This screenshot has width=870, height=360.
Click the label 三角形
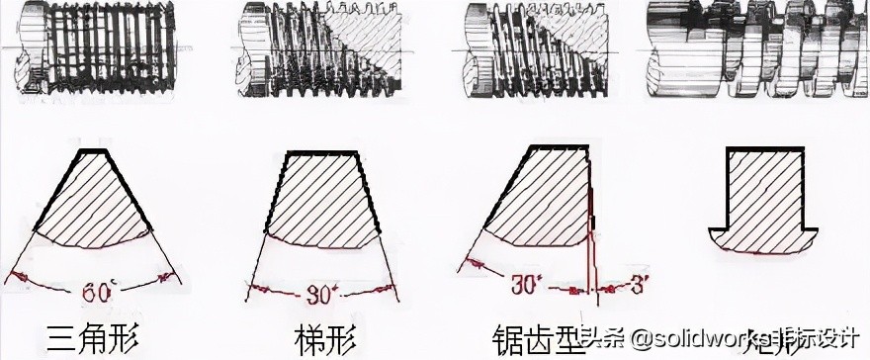click(x=91, y=337)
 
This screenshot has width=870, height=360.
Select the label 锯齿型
click(x=529, y=337)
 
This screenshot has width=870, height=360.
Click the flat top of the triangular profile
click(x=92, y=151)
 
